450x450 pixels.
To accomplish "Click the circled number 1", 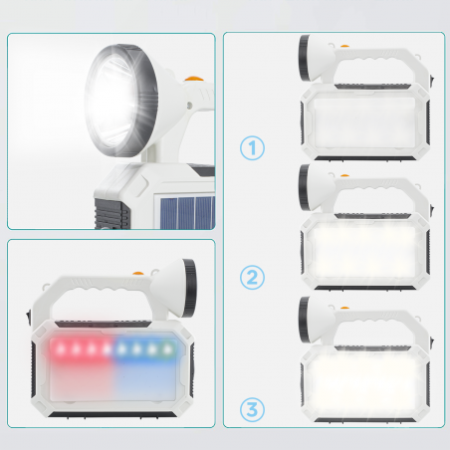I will tap(254, 148).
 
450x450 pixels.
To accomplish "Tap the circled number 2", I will tap(254, 277).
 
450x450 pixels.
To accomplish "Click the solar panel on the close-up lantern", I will tap(185, 211).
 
